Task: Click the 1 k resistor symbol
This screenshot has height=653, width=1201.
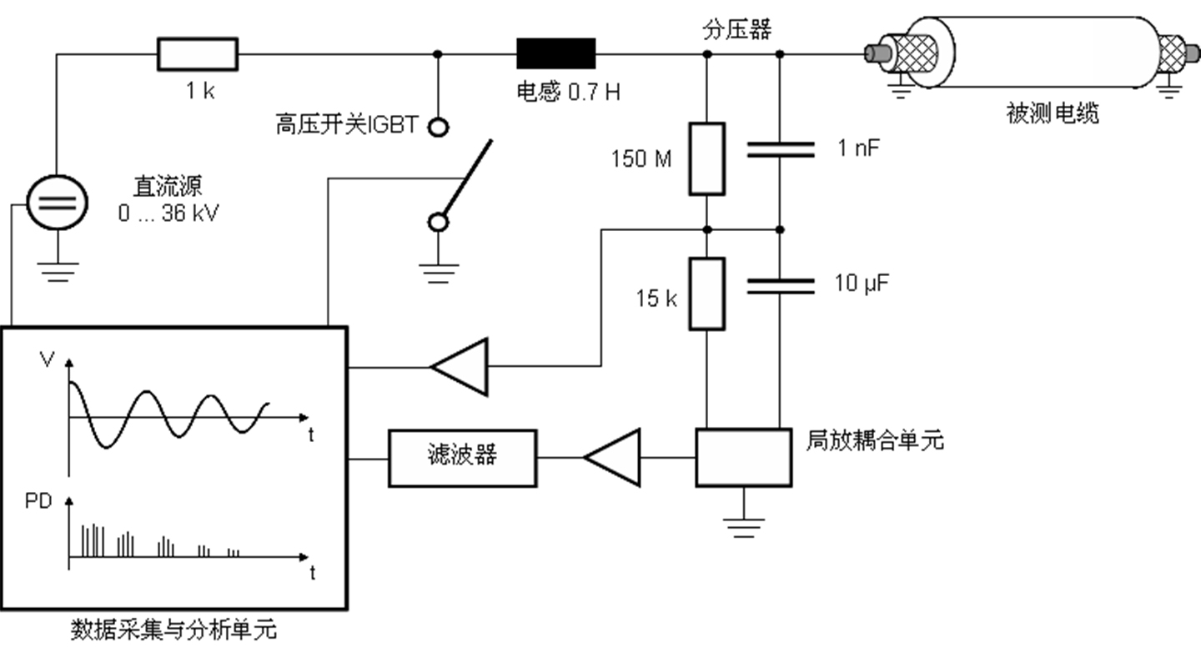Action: coord(198,54)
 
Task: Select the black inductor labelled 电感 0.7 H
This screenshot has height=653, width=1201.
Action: coord(556,53)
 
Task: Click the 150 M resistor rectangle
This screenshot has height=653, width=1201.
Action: coord(706,158)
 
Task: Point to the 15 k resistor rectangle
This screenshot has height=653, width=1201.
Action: coord(706,294)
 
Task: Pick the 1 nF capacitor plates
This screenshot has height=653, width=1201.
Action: coord(779,150)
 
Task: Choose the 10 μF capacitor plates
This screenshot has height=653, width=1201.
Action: coord(779,286)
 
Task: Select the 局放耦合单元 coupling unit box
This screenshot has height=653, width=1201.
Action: coord(743,457)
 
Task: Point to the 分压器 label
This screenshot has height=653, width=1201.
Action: coord(737,30)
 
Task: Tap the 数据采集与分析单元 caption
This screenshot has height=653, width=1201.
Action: coord(173,630)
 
